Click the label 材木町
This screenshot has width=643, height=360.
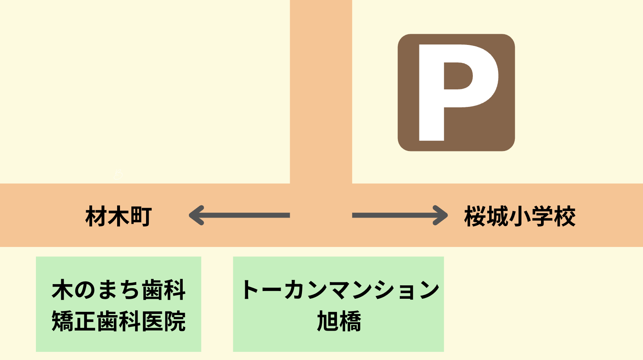118,216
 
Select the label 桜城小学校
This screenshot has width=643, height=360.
520,216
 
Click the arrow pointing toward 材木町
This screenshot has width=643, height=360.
245,215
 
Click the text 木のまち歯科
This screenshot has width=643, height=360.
118,290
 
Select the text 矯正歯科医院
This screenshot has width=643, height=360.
118,321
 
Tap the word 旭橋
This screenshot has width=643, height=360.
339,321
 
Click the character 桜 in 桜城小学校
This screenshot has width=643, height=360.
475,216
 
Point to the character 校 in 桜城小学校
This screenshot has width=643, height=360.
565,216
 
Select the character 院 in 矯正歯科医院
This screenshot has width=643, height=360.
175,321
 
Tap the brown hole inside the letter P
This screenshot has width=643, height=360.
458,76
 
